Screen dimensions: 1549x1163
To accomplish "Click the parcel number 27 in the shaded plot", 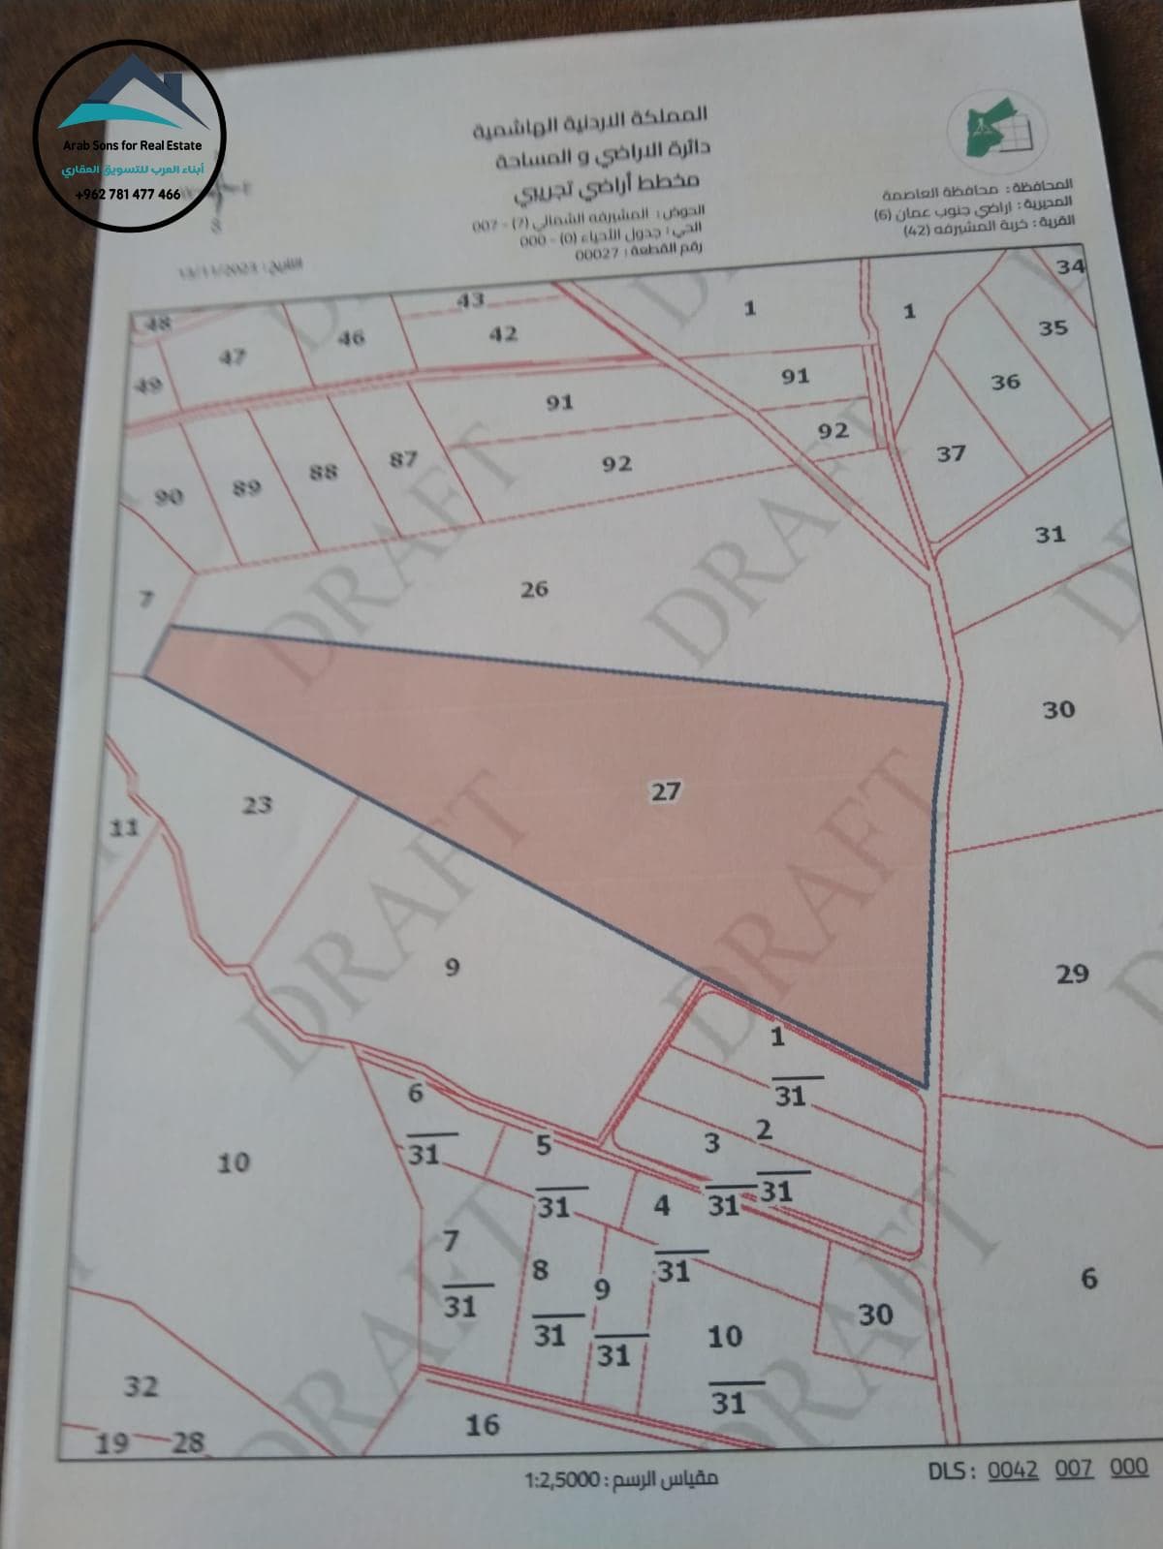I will point(665,791).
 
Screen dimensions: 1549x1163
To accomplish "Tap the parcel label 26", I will point(534,588).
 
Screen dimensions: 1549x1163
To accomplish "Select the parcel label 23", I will point(257,804).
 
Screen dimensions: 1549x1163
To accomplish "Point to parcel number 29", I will point(1072,974).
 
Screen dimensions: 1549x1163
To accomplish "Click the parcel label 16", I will point(483,1424).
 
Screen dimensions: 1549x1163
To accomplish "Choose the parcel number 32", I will point(141,1385).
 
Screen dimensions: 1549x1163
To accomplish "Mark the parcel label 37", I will point(951,452).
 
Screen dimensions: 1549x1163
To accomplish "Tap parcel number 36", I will point(1005,382).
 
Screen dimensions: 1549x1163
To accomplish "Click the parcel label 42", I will point(503,333).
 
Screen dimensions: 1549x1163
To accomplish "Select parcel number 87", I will point(403,458).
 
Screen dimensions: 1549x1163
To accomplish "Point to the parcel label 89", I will point(246,487).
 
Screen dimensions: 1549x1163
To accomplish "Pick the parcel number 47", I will point(231,356).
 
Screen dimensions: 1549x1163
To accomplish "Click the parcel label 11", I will point(123,827).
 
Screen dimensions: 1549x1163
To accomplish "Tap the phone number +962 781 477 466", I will point(128,194).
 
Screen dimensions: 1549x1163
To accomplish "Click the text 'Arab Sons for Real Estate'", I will point(133,145).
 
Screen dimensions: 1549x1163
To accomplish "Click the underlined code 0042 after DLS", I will point(1012,1470).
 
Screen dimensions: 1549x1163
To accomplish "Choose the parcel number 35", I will point(1053,327).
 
